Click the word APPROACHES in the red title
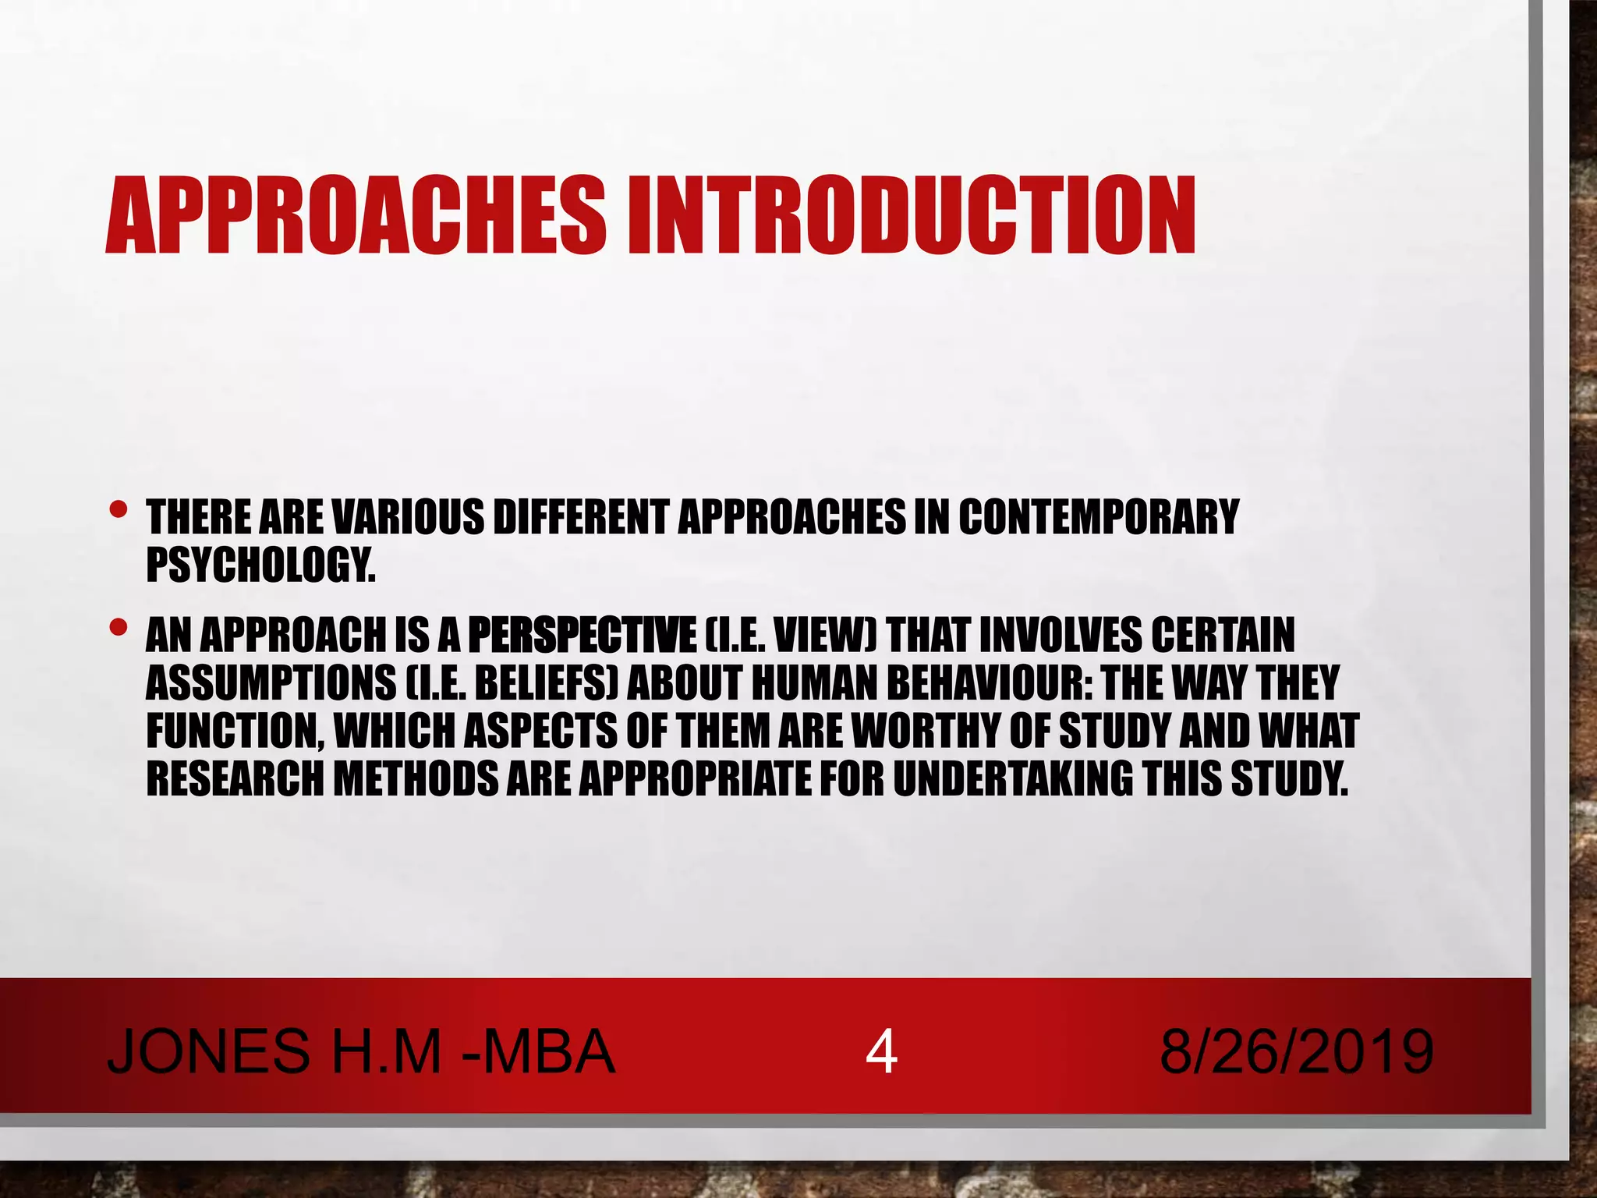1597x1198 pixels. coord(355,216)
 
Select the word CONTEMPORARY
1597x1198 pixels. coord(1098,516)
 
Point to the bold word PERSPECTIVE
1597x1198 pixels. coord(582,635)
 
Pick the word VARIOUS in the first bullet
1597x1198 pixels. coord(408,516)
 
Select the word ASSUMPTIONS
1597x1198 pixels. coord(271,683)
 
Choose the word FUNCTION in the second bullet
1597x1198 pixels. coord(234,731)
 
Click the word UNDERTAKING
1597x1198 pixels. coord(1013,778)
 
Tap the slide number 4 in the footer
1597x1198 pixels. coord(881,1052)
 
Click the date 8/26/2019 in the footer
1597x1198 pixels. coord(1296,1052)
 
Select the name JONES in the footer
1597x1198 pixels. coord(208,1052)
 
